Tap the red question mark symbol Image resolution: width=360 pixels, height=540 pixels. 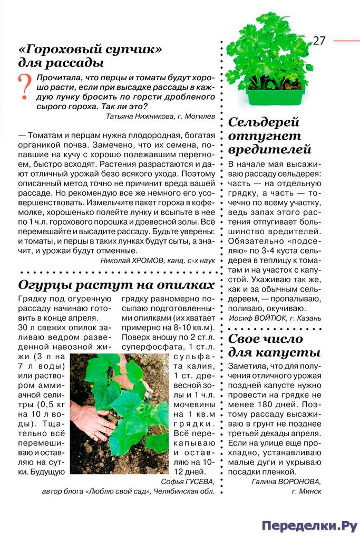point(24,87)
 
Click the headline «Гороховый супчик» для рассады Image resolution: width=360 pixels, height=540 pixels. point(90,56)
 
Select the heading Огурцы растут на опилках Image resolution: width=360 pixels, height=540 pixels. point(116,285)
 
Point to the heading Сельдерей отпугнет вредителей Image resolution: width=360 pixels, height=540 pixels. point(271,136)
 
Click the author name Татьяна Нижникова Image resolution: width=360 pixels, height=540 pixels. point(142,115)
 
